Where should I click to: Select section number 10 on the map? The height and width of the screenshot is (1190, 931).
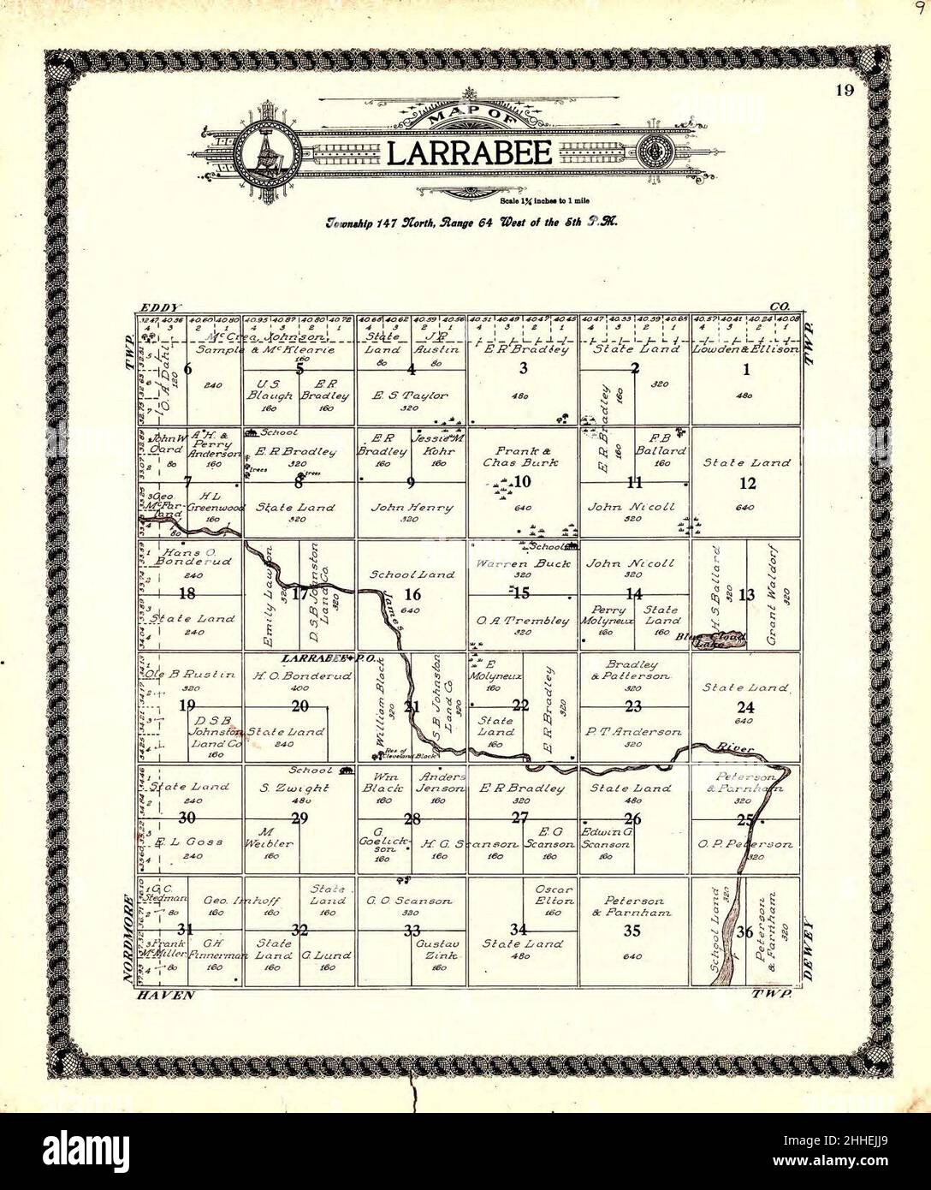click(522, 482)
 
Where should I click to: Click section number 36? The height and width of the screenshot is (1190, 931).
click(745, 931)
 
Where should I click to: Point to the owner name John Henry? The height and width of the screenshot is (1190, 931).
click(412, 507)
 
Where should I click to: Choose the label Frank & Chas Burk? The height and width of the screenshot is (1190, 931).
click(522, 455)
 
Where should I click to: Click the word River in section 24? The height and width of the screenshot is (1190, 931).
click(738, 748)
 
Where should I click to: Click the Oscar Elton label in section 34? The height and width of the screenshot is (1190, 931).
click(553, 895)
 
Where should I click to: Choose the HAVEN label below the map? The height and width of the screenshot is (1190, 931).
click(164, 995)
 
